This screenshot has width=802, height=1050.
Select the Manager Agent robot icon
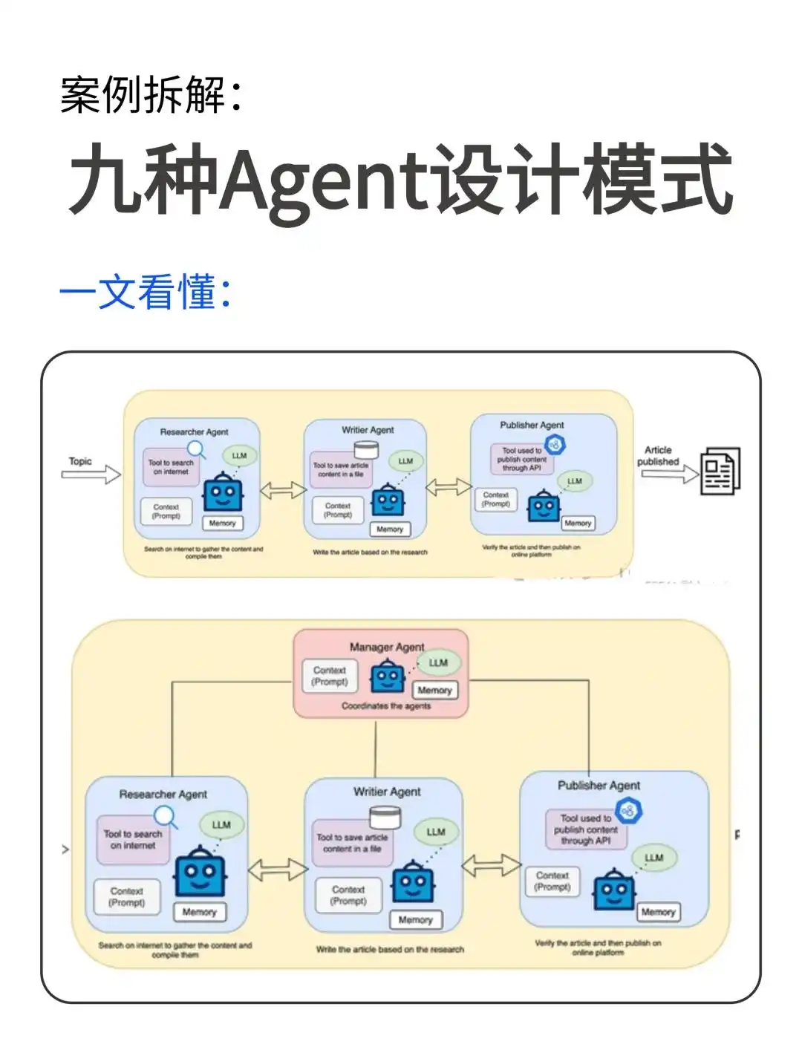click(x=388, y=676)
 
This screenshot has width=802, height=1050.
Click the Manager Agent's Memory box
click(x=434, y=690)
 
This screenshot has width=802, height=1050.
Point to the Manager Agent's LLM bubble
click(x=438, y=662)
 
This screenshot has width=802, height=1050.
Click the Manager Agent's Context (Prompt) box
click(x=330, y=676)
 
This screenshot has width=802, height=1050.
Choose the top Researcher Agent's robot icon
click(x=223, y=492)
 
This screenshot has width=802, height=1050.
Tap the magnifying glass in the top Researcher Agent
click(x=196, y=449)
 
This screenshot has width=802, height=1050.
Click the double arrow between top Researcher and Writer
click(x=282, y=490)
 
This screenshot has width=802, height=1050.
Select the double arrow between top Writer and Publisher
click(x=448, y=487)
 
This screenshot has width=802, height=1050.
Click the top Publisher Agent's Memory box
click(x=578, y=523)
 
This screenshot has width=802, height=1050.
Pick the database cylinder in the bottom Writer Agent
click(x=385, y=818)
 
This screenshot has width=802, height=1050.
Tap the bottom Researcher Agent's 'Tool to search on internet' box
click(x=133, y=840)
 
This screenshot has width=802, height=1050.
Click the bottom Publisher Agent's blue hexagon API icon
click(x=629, y=810)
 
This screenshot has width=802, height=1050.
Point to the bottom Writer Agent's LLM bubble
click(x=436, y=832)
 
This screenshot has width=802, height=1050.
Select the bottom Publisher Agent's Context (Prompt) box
click(x=552, y=881)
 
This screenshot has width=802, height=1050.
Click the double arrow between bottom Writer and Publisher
click(x=490, y=866)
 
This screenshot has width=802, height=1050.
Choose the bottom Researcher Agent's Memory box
click(x=199, y=912)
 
